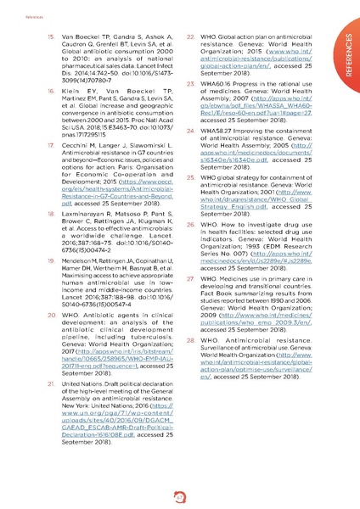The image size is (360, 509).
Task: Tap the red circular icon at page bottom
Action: pyautogui.click(x=180, y=497)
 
